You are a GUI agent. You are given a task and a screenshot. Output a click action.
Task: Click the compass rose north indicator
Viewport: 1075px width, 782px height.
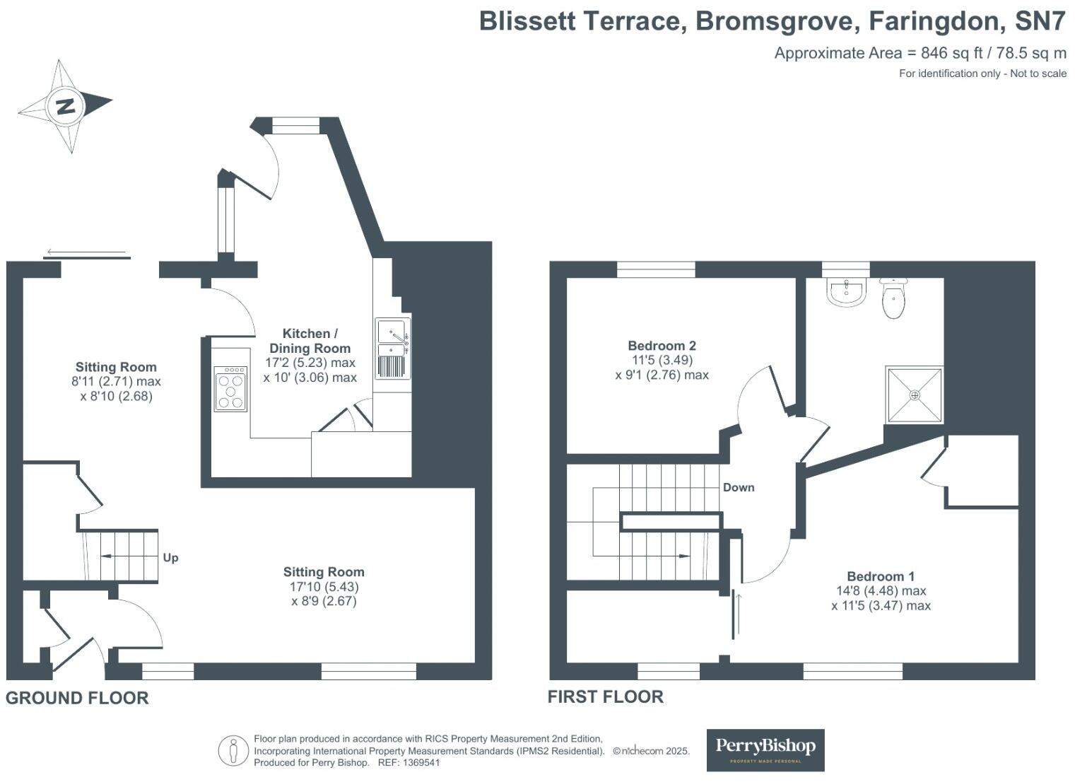[x=65, y=107]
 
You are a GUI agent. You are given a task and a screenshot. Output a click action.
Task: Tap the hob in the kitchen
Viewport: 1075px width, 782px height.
[x=231, y=388]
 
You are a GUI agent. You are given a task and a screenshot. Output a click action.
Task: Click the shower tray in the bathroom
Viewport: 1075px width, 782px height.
[x=915, y=395]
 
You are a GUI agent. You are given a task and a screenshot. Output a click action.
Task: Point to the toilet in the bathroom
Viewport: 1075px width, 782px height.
[x=893, y=297]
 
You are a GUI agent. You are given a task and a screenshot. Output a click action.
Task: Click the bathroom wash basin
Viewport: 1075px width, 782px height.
[x=846, y=293]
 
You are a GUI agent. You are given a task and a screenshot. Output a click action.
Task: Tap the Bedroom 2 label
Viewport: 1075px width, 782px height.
[x=662, y=346]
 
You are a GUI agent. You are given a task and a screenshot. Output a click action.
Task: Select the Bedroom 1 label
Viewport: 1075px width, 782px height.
[x=881, y=576]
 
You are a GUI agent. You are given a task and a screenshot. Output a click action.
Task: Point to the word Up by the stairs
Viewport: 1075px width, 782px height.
[x=170, y=558]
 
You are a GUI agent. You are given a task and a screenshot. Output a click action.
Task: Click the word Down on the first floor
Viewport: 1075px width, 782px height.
[x=738, y=487]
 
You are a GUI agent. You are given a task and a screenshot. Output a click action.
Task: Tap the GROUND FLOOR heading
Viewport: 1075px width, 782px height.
[x=77, y=698]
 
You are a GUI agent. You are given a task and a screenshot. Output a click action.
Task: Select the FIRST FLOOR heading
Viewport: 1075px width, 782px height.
[x=606, y=696]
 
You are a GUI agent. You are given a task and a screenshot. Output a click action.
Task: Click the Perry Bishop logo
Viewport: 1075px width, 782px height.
[x=765, y=749]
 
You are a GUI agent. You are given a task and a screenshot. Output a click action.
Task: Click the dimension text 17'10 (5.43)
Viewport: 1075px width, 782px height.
[x=324, y=587]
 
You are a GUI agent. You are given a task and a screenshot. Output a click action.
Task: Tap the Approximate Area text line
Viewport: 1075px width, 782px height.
[x=920, y=53]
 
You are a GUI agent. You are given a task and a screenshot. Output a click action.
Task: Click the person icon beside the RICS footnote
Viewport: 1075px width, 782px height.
[x=233, y=750]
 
